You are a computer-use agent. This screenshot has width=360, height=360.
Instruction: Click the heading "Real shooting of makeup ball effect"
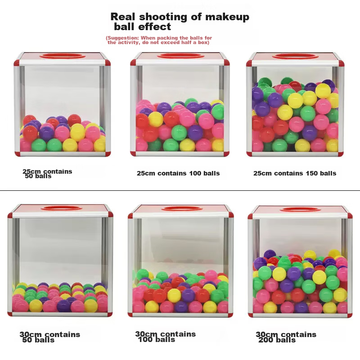pyautogui.click(x=180, y=22)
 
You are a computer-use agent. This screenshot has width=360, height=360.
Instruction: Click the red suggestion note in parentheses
pyautogui.click(x=159, y=40)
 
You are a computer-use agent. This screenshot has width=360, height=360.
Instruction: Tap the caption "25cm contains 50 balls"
pyautogui.click(x=47, y=174)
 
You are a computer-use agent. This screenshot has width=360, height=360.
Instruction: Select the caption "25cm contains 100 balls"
pyautogui.click(x=178, y=173)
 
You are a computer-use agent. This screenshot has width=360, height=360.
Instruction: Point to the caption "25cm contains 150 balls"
pyautogui.click(x=295, y=173)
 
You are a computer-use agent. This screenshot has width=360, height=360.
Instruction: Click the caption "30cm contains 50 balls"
pyautogui.click(x=49, y=337)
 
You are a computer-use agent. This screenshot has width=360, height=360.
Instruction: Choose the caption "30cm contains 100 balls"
pyautogui.click(x=165, y=337)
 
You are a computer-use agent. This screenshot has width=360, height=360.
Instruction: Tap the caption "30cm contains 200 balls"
pyautogui.click(x=286, y=337)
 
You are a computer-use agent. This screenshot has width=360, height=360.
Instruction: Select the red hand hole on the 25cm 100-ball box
pyautogui.click(x=180, y=56)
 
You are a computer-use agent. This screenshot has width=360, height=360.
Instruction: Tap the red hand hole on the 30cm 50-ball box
pyautogui.click(x=61, y=208)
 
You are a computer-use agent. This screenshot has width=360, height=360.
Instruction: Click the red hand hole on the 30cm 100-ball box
pyautogui.click(x=182, y=209)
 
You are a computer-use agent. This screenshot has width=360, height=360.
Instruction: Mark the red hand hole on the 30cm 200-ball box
pyautogui.click(x=300, y=209)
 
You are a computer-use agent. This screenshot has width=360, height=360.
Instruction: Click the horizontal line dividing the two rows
pyautogui.click(x=180, y=190)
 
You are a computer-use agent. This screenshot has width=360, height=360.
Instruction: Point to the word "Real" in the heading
pyautogui.click(x=123, y=17)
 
